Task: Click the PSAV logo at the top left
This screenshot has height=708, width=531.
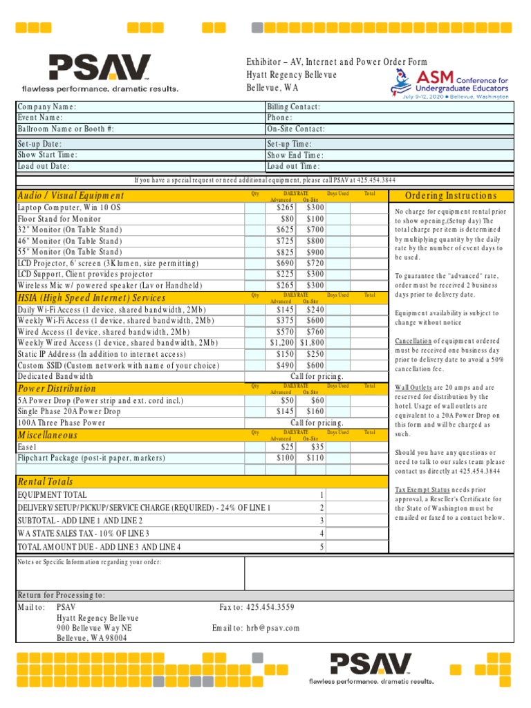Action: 100,73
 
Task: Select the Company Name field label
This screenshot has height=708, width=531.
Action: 47,107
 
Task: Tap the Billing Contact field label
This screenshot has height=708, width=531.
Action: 294,107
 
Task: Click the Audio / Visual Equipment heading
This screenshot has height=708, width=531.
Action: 71,196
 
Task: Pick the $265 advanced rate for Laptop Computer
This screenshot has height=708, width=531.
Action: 285,207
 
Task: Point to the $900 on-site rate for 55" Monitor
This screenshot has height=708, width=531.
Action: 315,252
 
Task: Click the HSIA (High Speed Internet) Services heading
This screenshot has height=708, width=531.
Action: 91,297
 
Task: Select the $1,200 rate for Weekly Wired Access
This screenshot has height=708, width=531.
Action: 281,343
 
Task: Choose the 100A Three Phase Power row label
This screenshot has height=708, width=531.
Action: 62,422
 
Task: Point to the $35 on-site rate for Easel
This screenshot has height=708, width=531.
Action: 317,447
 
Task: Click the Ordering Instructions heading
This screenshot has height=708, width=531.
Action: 451,196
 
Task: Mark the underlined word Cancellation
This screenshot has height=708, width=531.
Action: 413,342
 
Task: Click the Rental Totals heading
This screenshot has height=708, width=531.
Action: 45,481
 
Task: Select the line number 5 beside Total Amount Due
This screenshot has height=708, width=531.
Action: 322,547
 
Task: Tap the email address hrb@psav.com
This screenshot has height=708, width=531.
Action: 272,628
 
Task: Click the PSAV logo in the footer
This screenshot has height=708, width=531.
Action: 372,665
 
